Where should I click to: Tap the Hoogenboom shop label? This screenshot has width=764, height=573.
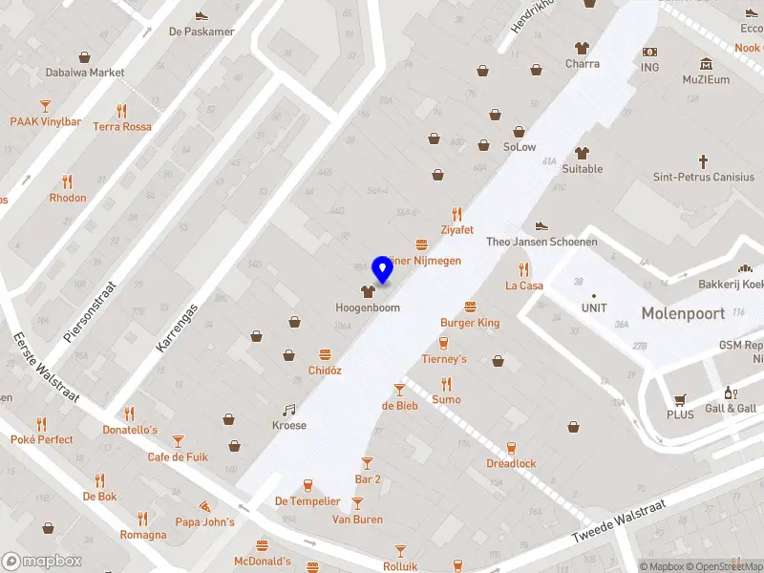coord(368,308)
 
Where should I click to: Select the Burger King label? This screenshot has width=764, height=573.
coord(470,323)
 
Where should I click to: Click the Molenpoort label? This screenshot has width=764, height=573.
coord(683,313)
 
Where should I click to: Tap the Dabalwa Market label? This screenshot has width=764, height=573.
coord(85,72)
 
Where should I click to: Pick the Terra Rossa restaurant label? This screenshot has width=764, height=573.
coord(122,126)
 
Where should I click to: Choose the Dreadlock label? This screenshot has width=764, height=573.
coord(511,463)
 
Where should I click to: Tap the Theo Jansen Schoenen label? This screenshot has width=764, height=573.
coord(541,242)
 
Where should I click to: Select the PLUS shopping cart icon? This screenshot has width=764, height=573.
coord(680,399)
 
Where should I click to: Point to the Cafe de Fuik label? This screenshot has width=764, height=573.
coord(178,456)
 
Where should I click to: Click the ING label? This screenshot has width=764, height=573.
coord(650,67)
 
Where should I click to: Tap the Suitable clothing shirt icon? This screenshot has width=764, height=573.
coord(582,153)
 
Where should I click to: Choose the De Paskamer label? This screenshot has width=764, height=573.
coord(202,31)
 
